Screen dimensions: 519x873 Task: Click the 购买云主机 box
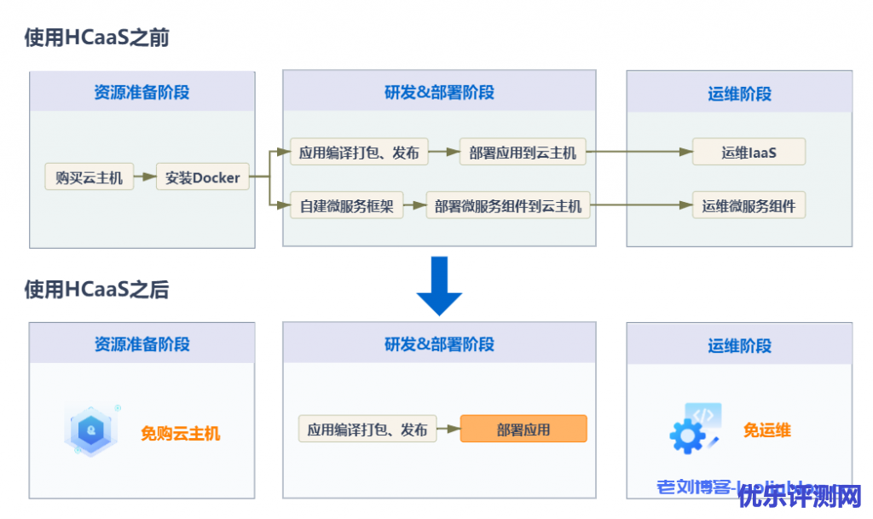(x=89, y=178)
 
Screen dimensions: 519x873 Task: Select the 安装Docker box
(x=202, y=178)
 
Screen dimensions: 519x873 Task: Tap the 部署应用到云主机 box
(x=523, y=153)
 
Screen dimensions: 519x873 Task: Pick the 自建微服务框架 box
(x=346, y=205)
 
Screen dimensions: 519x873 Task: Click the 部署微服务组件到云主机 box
(x=508, y=205)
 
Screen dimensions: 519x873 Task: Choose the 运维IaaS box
(x=749, y=153)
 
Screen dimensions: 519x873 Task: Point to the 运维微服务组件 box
(x=749, y=205)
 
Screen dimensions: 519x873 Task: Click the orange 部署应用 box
(x=523, y=429)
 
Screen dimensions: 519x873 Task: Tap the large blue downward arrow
(x=439, y=286)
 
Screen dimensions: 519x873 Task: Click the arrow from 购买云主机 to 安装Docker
(x=144, y=178)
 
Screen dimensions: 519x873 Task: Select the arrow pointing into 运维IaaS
(x=639, y=153)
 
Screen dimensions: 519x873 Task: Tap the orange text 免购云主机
(x=180, y=434)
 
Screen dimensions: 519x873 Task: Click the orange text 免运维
(x=766, y=430)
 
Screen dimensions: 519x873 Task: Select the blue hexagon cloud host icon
(x=90, y=430)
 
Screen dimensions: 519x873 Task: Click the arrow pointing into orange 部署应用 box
(x=448, y=429)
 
